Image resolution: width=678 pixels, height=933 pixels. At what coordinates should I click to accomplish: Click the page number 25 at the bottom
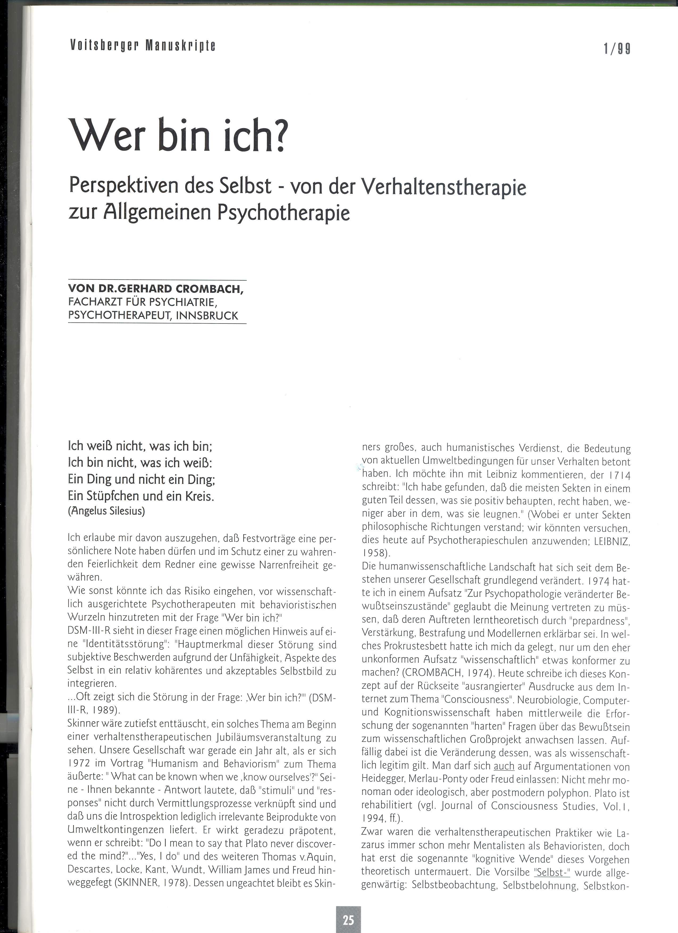pos(348,919)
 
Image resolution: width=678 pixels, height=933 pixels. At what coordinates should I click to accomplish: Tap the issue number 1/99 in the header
pos(617,49)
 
